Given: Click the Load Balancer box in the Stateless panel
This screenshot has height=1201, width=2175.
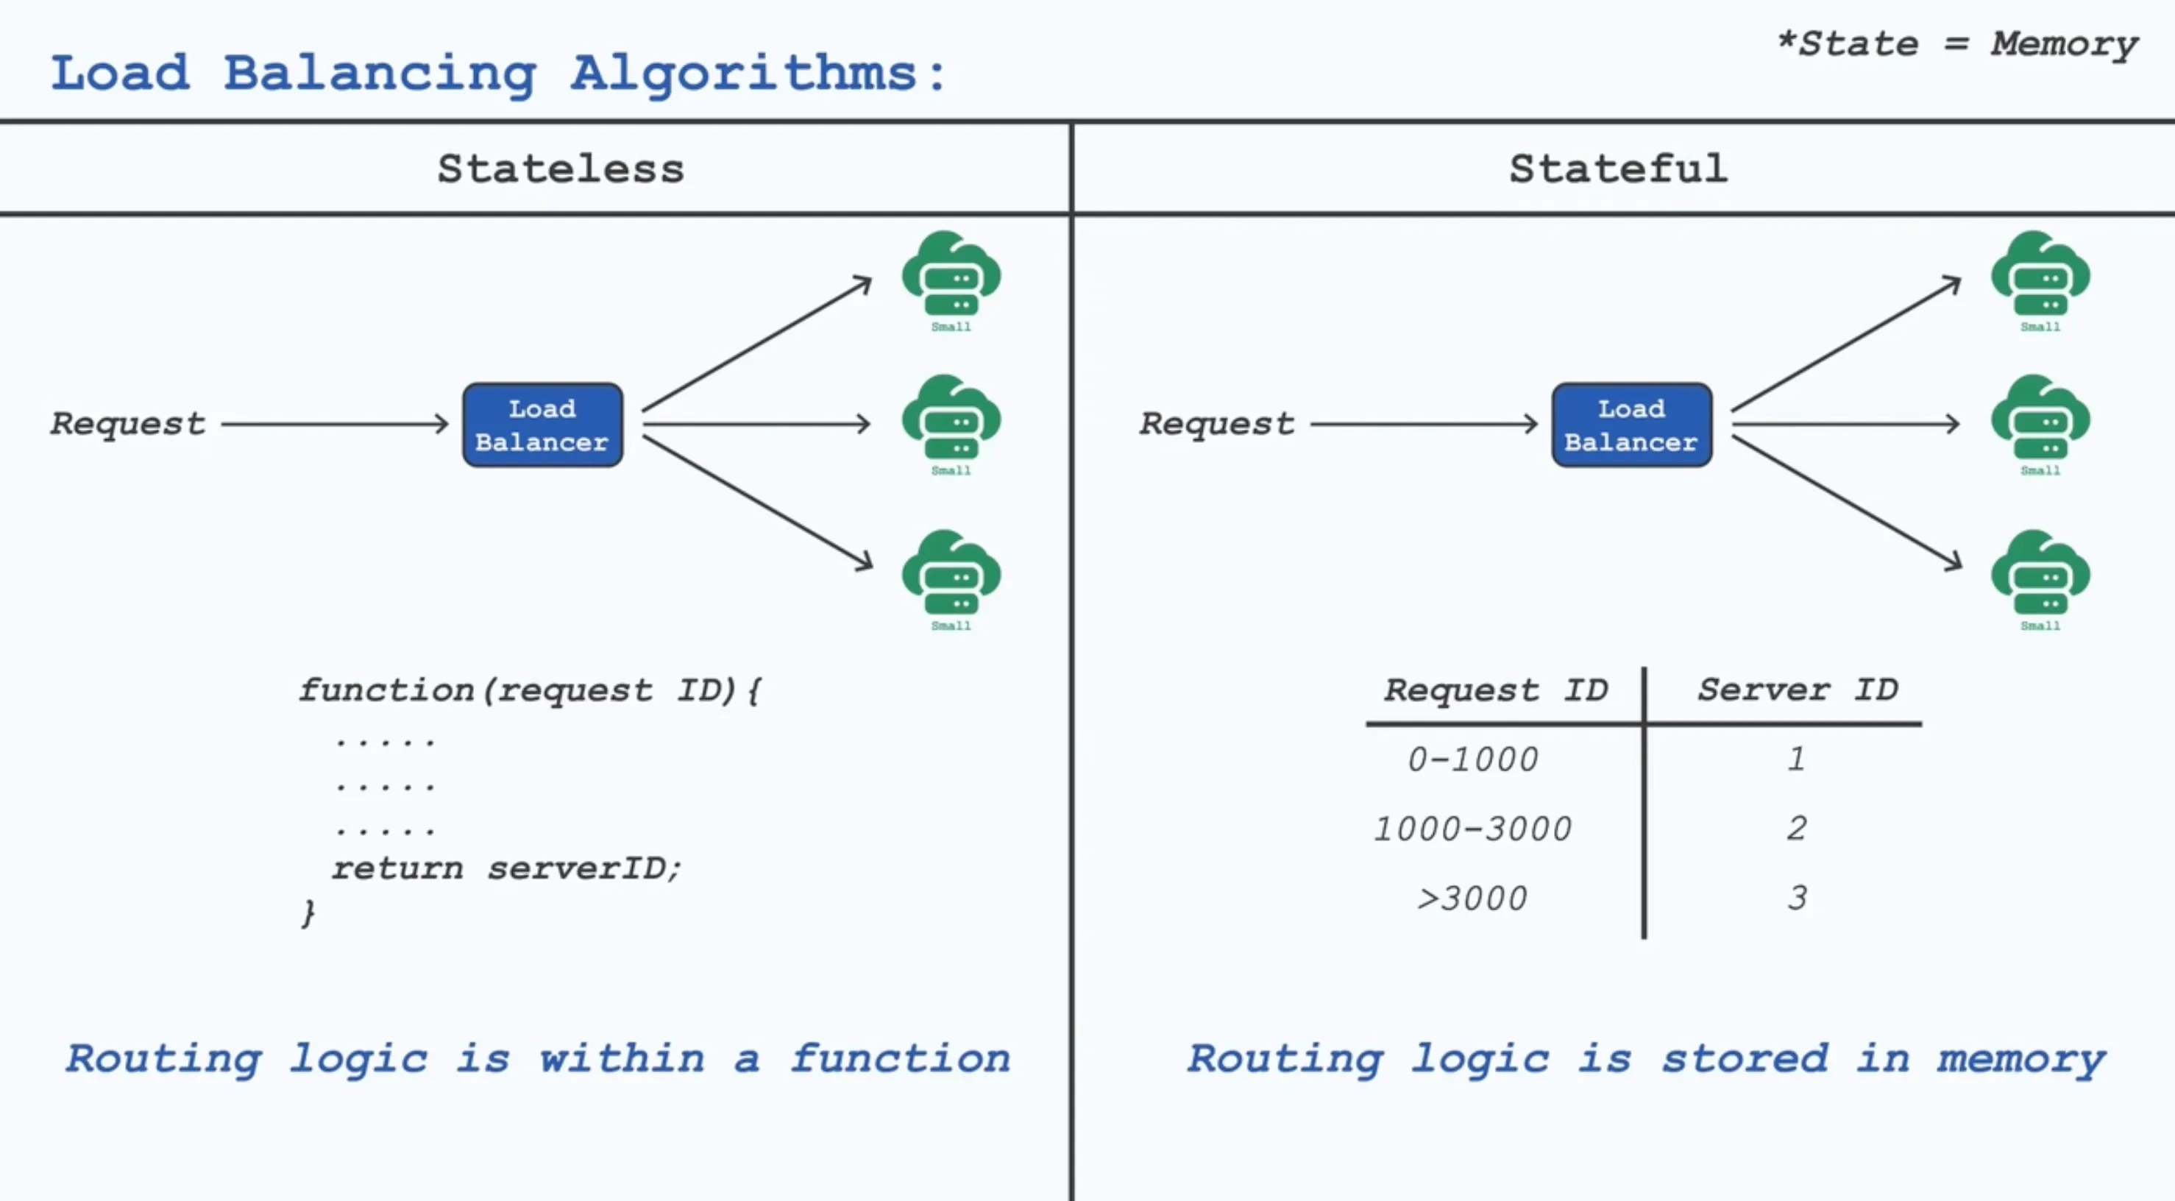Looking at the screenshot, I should (x=542, y=425).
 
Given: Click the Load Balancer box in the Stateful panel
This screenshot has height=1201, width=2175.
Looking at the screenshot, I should (x=1631, y=425).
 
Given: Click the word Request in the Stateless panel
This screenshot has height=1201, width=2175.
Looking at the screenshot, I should (x=127, y=423).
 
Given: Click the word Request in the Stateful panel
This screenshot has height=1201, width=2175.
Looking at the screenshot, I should (x=1217, y=423).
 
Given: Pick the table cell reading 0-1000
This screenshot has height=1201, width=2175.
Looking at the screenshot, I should (x=1472, y=759).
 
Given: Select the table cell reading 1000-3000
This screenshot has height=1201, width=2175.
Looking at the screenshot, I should (x=1472, y=829).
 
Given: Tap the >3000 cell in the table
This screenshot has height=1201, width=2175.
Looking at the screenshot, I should (x=1472, y=898).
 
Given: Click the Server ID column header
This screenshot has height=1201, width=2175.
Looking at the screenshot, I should (x=1798, y=690).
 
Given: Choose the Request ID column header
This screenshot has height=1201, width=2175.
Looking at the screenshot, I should (x=1495, y=690).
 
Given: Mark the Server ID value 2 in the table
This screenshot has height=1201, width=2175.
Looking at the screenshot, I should (x=1796, y=828).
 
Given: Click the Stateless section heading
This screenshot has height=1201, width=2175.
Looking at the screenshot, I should (x=561, y=169).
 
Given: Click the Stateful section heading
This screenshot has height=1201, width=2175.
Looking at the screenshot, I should (x=1618, y=169).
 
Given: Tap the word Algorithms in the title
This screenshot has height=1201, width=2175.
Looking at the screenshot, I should (x=743, y=74).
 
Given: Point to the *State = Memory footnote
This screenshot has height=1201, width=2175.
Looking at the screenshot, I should (x=1957, y=44).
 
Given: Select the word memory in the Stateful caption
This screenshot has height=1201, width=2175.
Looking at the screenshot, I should (x=2020, y=1059).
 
